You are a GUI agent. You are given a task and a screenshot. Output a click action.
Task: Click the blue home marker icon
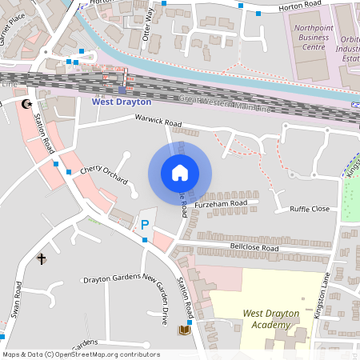click(x=180, y=172)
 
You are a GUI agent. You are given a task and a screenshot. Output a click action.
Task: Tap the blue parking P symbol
click(x=145, y=226)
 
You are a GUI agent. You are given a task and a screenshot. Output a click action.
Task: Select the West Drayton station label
click(x=122, y=102)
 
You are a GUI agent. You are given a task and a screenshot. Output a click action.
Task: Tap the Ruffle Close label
click(x=309, y=209)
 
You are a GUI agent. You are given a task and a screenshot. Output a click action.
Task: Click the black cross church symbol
click(x=41, y=258)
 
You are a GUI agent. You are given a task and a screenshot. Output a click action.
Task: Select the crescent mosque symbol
click(x=27, y=104)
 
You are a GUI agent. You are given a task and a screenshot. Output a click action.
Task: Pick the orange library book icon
click(x=185, y=329)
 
